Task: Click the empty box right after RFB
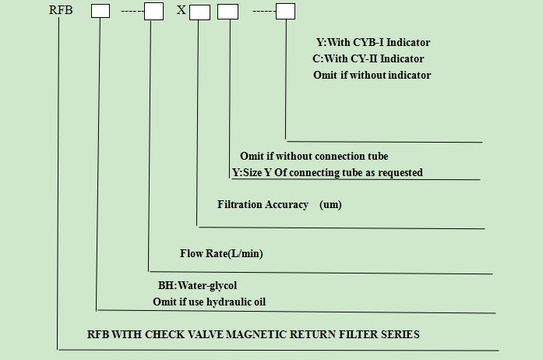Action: [100, 12]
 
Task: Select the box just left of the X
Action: [153, 12]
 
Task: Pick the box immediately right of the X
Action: [199, 12]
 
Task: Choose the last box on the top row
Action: [286, 12]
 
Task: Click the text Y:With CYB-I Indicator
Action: [372, 43]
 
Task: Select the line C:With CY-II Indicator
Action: [368, 58]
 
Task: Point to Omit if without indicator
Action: [371, 75]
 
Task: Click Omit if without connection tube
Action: [313, 156]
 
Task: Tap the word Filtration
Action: [241, 205]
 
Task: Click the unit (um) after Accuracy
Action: [330, 205]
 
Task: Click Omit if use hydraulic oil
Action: [209, 302]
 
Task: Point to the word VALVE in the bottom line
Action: [218, 334]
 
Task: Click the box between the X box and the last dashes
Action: [227, 12]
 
